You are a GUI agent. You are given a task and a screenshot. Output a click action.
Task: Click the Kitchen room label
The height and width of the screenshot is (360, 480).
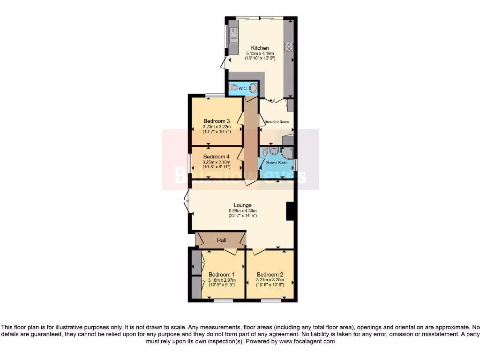[x=260, y=48]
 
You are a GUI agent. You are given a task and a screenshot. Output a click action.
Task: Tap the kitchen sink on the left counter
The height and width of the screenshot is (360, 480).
[x=233, y=36]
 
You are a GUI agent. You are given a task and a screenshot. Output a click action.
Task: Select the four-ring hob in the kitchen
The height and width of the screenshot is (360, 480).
[x=289, y=46]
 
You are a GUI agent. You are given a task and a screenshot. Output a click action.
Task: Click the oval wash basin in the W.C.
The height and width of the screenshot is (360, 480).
[x=253, y=88]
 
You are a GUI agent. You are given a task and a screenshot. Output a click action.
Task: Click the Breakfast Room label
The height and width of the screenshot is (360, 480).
[x=276, y=122]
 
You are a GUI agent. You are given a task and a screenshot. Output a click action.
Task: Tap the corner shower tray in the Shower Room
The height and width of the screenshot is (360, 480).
[x=287, y=153]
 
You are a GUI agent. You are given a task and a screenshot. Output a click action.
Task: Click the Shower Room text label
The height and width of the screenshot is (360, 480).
[x=277, y=163]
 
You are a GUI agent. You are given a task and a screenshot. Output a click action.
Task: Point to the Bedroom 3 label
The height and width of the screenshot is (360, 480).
[x=216, y=121]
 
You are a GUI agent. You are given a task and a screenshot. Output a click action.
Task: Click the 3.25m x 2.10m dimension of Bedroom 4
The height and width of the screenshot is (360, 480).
[x=216, y=162]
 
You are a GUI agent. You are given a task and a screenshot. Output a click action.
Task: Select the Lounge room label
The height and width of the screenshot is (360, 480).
[x=243, y=205]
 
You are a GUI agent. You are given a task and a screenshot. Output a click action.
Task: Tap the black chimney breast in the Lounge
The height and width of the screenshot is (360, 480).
[x=290, y=210]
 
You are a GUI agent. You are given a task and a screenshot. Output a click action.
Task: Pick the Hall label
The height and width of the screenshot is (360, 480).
[x=221, y=240]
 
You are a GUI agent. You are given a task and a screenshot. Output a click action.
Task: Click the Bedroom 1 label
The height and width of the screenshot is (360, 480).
[x=221, y=274]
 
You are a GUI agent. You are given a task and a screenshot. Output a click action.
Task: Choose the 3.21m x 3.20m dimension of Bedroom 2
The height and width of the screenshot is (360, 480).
[x=270, y=280]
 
